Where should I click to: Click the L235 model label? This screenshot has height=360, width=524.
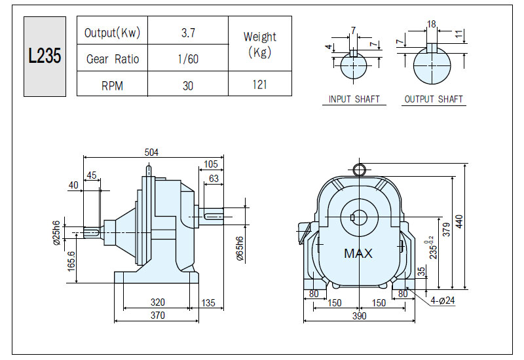coord(45,56)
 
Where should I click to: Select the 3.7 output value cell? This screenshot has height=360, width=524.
coord(188,33)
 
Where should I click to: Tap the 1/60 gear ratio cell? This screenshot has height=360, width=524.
coord(188,59)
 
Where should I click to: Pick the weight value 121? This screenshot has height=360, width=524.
coord(259,84)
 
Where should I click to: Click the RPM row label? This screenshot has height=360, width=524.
coord(112,86)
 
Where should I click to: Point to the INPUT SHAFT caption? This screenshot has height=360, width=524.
coord(354,99)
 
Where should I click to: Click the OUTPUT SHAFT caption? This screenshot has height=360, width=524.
coord(434,99)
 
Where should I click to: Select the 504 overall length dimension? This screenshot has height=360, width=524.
coord(151,153)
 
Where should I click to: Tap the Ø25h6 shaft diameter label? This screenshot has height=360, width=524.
coord(57,233)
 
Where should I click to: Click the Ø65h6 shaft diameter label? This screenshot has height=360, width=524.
coord(240,249)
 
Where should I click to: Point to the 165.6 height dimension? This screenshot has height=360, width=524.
coord(71,261)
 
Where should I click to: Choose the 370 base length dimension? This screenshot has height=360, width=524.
coord(157,315)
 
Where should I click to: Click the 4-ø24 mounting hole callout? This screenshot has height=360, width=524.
coord(443,300)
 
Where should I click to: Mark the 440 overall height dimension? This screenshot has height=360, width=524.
coord(459,221)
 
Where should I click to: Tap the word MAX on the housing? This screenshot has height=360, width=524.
coord(358,253)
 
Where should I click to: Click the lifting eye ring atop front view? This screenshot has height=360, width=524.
coord(359,170)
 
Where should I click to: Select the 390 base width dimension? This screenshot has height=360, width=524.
coord(359,316)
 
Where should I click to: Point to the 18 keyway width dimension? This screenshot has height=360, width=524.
coord(432,24)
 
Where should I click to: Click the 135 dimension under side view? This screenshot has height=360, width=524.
coord(208,303)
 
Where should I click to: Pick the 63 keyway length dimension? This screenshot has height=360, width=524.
coord(214,179)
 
